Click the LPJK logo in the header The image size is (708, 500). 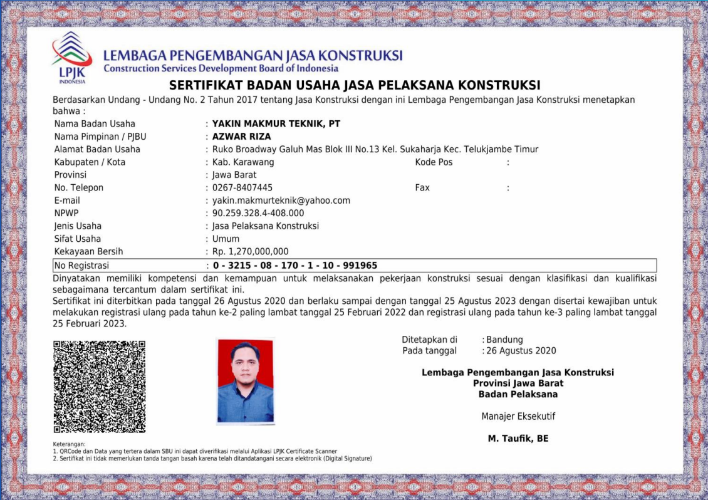click(71, 57)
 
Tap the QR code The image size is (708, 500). click(99, 387)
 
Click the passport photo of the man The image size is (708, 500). click(245, 382)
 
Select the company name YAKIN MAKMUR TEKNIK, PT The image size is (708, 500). click(276, 124)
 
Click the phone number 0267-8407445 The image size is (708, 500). click(242, 188)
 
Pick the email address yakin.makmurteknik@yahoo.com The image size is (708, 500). click(281, 201)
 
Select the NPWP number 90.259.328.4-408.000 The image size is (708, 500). click(258, 214)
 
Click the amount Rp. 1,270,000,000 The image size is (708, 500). click(250, 252)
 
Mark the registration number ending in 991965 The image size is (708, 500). click(294, 266)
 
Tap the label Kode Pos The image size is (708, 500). click(434, 162)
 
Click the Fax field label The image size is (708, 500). click(422, 188)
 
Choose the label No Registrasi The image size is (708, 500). click(81, 266)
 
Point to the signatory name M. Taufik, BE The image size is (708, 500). click(518, 439)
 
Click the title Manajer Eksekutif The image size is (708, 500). click(518, 417)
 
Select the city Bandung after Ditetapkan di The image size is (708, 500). click(504, 340)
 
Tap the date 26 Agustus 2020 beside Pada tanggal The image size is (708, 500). click(521, 351)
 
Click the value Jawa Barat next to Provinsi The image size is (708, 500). click(234, 175)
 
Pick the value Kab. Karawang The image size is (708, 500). click(243, 162)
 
